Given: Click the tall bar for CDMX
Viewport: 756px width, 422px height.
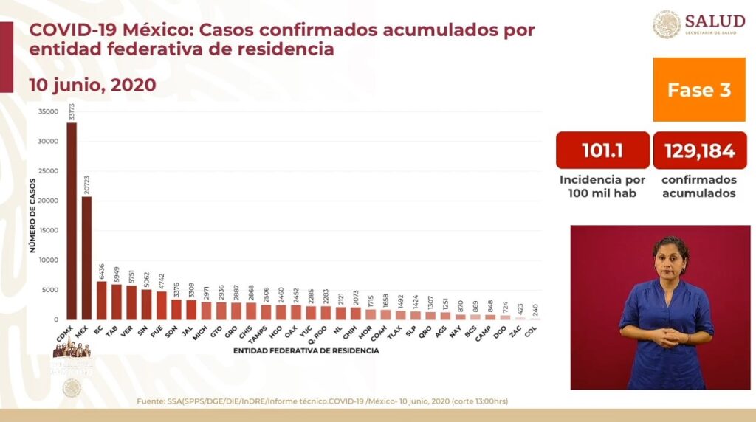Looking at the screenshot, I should click(72, 221).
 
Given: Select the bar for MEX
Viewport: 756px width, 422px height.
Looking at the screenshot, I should click(86, 258).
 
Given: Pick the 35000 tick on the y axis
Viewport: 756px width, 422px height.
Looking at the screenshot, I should click(48, 112).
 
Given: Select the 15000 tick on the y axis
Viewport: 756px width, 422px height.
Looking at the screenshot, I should click(48, 231).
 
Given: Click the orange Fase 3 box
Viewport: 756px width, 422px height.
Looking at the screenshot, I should click(698, 90).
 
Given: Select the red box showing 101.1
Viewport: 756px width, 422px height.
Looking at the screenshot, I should click(602, 151).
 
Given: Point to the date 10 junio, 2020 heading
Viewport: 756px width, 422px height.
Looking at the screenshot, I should click(92, 85).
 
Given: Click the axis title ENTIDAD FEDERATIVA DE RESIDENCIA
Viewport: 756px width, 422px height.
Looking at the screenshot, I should click(306, 350).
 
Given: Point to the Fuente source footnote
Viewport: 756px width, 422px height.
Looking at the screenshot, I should click(322, 401).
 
